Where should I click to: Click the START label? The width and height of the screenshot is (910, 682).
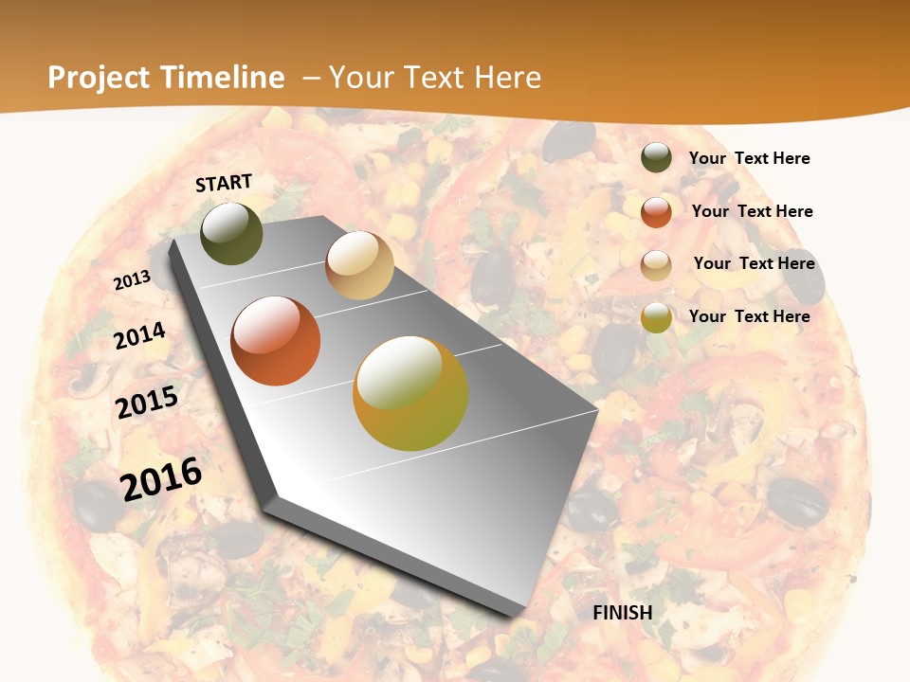[224, 182]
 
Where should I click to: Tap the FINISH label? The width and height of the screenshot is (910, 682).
[623, 613]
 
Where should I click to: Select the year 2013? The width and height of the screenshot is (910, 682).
[132, 280]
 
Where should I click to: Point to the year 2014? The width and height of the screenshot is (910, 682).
[140, 335]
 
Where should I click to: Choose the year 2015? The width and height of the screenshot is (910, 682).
[147, 403]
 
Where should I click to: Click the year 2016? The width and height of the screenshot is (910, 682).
[161, 478]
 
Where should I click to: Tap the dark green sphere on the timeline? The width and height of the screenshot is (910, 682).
[231, 233]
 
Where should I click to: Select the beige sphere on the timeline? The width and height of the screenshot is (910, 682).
[359, 265]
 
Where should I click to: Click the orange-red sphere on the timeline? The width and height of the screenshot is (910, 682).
[276, 341]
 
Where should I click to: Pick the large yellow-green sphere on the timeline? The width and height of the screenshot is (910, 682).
[410, 393]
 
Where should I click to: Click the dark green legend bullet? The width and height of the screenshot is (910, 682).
[656, 158]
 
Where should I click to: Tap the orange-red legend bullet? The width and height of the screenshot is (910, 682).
[656, 212]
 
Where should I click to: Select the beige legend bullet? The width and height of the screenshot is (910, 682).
[656, 264]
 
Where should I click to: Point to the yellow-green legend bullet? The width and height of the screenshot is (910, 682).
[656, 317]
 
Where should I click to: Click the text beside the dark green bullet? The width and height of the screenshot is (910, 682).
[749, 158]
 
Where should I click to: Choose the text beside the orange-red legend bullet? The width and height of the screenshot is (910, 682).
[752, 211]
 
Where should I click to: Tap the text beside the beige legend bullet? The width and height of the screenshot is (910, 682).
[754, 263]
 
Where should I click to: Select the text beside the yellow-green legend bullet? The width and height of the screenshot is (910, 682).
[749, 316]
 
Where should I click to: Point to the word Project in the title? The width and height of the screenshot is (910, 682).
[99, 78]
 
